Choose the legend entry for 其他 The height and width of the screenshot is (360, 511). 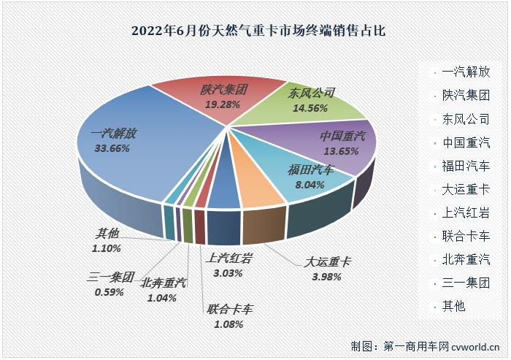point(453,305)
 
